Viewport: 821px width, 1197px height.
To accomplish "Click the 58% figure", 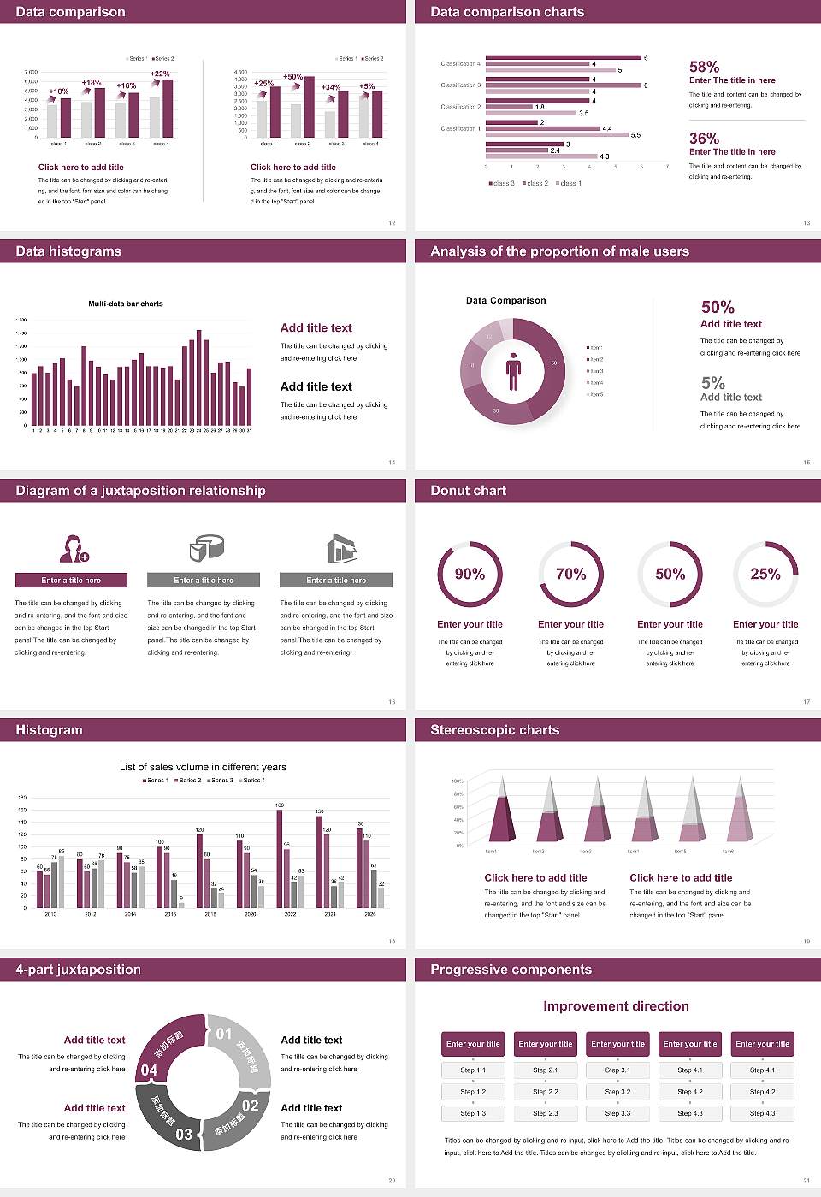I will (704, 67).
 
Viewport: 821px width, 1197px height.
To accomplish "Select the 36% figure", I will (704, 139).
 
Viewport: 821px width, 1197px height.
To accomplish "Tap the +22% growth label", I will (160, 74).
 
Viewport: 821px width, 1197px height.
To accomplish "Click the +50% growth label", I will (292, 77).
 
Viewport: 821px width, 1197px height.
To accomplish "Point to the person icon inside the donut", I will (513, 370).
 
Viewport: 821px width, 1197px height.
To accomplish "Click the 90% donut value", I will (470, 574).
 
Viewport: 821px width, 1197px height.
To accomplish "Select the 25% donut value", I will (765, 574).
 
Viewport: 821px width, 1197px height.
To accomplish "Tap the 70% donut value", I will (571, 574).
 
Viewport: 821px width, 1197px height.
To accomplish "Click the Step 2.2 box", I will (546, 1092).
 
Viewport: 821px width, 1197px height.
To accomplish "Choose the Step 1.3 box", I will (473, 1113).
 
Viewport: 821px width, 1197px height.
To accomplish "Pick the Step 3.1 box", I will (617, 1070).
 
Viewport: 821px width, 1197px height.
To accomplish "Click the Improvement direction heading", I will (616, 1006).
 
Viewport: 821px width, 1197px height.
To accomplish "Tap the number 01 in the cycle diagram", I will (224, 1034).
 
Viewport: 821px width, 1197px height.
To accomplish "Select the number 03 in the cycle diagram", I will (184, 1135).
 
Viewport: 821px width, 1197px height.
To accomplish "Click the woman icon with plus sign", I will (74, 548).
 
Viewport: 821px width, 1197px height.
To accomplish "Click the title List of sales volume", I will (203, 767).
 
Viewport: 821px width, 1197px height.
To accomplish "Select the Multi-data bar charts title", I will (126, 304).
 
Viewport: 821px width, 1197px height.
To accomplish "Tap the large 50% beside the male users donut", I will (718, 307).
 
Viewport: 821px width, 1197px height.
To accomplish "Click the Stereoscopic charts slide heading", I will (494, 730).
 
